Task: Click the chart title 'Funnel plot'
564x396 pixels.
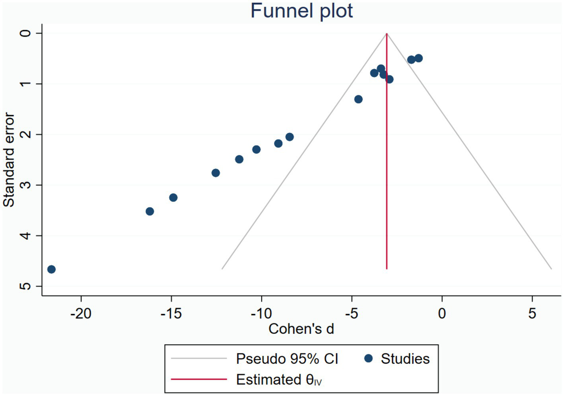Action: click(x=301, y=11)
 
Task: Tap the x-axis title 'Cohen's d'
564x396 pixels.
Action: click(x=301, y=329)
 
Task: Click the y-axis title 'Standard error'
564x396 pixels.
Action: click(x=9, y=159)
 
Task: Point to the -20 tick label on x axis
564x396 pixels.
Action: click(x=81, y=314)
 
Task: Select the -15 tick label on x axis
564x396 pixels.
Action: click(x=171, y=314)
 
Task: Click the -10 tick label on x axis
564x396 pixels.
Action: click(x=261, y=314)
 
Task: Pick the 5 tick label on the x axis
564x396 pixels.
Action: click(x=532, y=314)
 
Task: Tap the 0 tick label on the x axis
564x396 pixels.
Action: click(x=442, y=314)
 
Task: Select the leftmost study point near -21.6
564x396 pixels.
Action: click(x=51, y=269)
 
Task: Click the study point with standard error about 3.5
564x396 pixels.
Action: click(x=150, y=211)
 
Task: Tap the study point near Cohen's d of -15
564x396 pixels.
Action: click(x=173, y=197)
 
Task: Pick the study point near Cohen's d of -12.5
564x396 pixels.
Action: click(x=216, y=173)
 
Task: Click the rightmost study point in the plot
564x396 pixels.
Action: click(x=418, y=58)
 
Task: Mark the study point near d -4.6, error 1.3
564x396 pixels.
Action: click(x=358, y=99)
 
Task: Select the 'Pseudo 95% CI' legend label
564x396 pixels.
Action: click(x=287, y=359)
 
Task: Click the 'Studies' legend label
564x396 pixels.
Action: click(x=405, y=359)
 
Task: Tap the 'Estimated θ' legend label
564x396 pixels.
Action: click(x=278, y=380)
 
